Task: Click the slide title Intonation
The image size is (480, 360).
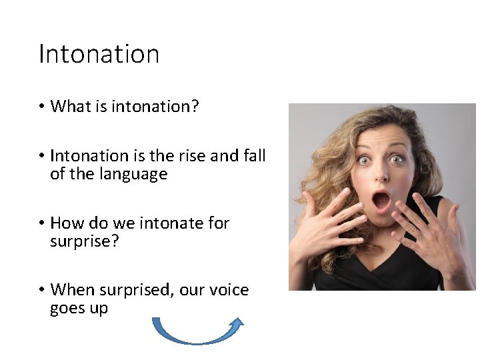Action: click(99, 54)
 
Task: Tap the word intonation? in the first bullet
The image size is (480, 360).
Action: click(155, 106)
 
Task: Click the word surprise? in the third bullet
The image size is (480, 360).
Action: click(84, 241)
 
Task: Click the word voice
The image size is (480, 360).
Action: click(228, 290)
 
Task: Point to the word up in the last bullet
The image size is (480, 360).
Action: click(97, 309)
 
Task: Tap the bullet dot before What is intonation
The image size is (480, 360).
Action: click(41, 106)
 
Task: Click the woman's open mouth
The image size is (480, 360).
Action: click(381, 199)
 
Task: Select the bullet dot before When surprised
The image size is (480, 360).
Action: click(41, 290)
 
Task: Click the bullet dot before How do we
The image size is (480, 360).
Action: click(41, 223)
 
